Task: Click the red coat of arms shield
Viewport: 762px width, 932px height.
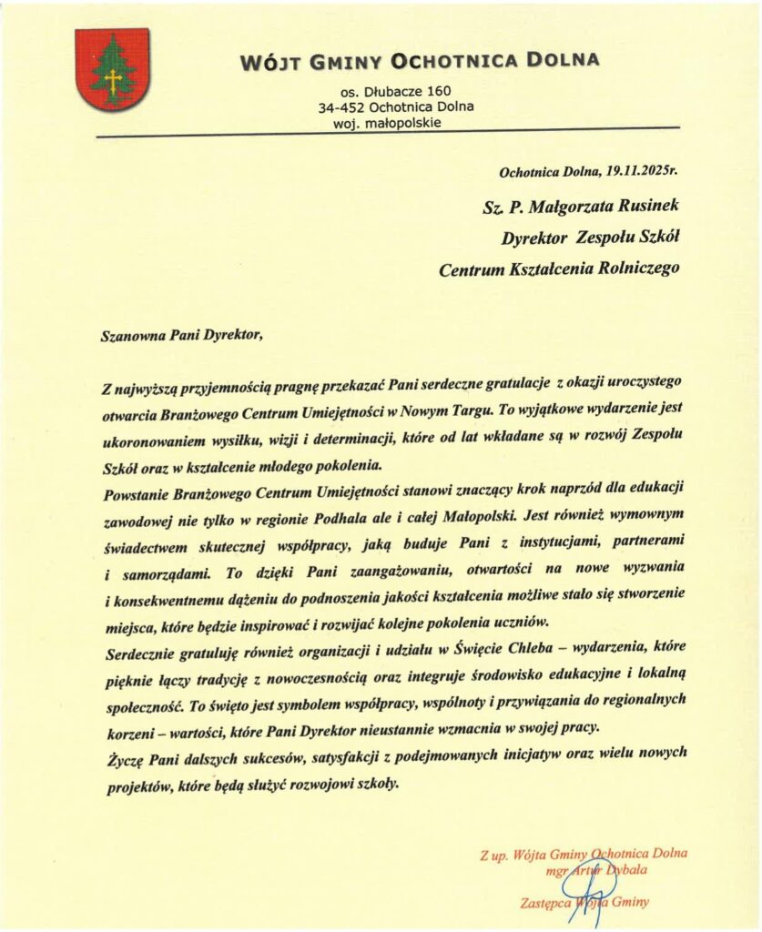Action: tap(112, 70)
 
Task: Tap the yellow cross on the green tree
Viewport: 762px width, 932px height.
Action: tap(113, 83)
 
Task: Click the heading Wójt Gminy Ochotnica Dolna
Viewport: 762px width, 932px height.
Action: tap(420, 62)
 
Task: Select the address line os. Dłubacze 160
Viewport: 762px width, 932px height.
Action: tap(395, 91)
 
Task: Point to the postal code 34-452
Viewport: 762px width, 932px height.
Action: tap(341, 106)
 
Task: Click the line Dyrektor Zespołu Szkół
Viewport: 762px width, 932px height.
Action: tap(591, 238)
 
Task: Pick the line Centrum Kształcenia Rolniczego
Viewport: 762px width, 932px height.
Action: tap(560, 268)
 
